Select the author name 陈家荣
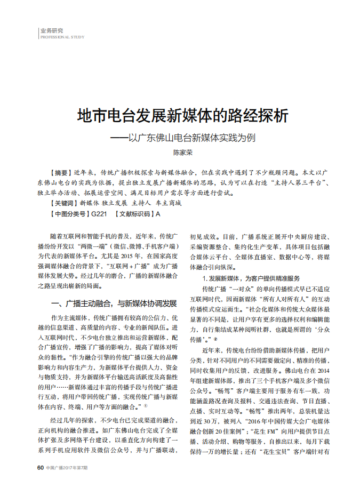[x=182, y=153]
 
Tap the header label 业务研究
[x=52, y=30]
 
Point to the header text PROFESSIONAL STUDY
[x=62, y=37]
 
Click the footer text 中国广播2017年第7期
[x=67, y=468]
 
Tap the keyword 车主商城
[x=169, y=203]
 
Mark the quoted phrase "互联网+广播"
[x=126, y=266]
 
